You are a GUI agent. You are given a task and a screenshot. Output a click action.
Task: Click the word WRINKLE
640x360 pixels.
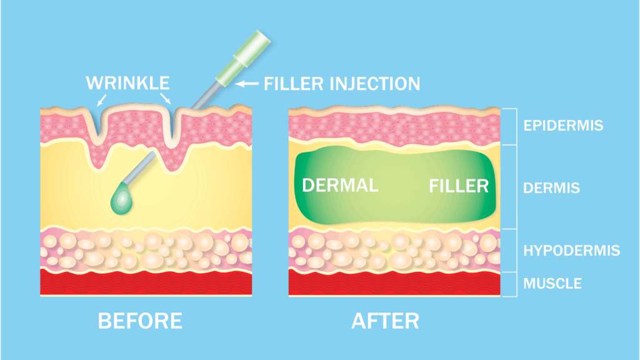tap(127, 83)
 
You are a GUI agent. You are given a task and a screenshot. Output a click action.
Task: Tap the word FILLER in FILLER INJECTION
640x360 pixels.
tap(294, 84)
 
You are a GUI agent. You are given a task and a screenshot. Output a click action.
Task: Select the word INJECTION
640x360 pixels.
tap(375, 84)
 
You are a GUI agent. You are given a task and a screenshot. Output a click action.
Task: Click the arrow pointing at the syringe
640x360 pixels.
tap(247, 84)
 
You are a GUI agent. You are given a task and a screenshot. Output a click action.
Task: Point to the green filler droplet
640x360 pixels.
tap(122, 198)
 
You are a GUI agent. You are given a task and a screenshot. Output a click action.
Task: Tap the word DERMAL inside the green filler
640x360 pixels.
tap(340, 186)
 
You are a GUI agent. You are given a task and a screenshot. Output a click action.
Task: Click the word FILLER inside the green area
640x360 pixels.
tap(459, 186)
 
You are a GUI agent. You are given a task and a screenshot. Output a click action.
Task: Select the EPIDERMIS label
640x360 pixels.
tap(563, 126)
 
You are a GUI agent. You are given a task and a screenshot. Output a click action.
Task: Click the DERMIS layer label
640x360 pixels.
tap(551, 188)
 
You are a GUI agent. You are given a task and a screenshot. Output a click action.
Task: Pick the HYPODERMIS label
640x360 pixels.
tap(571, 251)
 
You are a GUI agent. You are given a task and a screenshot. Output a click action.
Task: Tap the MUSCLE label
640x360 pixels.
tap(552, 283)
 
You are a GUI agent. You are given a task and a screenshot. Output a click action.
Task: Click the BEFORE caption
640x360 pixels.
tap(140, 321)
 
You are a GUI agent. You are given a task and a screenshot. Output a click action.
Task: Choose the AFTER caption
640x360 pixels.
tap(385, 321)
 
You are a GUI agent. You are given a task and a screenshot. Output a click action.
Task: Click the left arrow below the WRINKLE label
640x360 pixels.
tap(101, 100)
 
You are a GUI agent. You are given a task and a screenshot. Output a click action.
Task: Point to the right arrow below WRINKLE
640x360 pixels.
tap(165, 99)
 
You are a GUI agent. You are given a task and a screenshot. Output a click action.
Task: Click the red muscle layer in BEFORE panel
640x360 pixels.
tap(146, 282)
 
